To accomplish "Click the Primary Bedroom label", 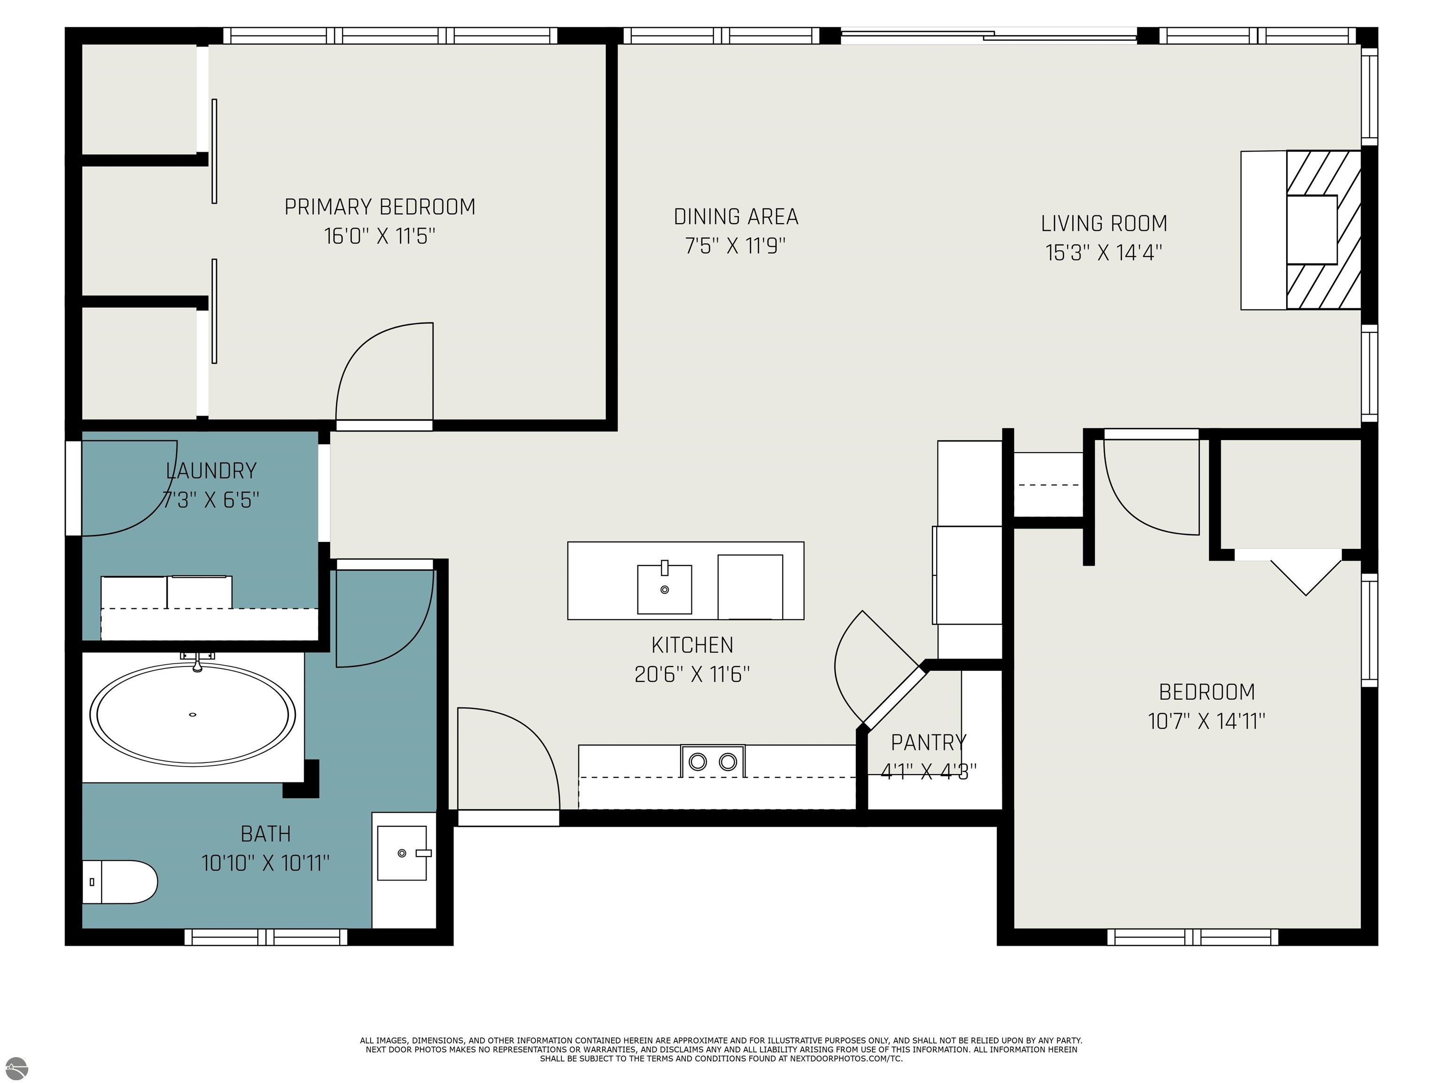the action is click(x=380, y=207).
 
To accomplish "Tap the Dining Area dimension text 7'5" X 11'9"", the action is click(x=735, y=246).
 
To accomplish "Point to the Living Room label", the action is click(x=1104, y=223).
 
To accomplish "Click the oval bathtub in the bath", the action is click(x=193, y=714).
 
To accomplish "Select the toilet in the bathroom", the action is click(x=119, y=882).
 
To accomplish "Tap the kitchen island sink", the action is click(x=664, y=589).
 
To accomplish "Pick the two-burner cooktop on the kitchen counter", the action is click(x=713, y=761).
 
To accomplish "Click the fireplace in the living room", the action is click(x=1301, y=230).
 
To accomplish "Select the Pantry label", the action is click(x=928, y=742).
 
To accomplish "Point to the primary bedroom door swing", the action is click(x=384, y=372).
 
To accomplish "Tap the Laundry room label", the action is click(x=211, y=471).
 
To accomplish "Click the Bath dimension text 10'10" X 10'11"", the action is click(x=265, y=863).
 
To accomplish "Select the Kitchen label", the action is click(x=692, y=645).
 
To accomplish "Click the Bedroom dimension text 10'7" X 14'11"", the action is click(x=1207, y=722).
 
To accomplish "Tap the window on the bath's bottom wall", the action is click(x=266, y=937).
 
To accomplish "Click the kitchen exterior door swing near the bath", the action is click(x=508, y=759).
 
